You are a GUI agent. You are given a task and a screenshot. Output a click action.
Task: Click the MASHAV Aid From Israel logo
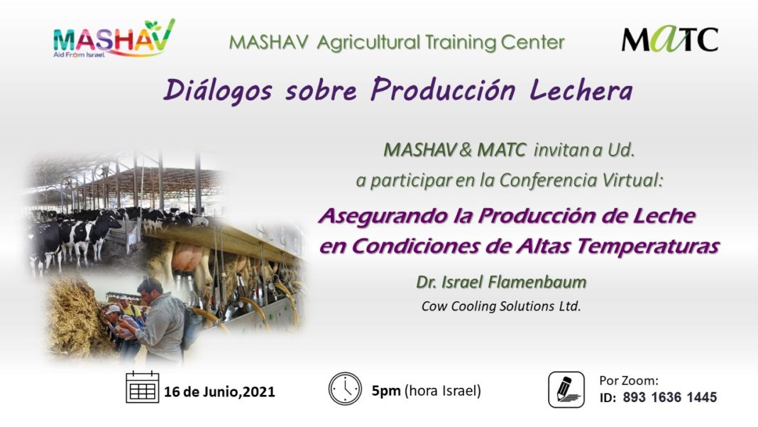114,39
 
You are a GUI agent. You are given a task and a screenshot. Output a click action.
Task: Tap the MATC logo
669,39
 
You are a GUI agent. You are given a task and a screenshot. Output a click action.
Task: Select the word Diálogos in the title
218,90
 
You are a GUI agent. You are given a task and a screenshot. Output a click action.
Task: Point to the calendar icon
142,387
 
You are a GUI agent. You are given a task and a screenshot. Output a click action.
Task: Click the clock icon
345,388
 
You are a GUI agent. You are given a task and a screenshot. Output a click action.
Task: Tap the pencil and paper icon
566,389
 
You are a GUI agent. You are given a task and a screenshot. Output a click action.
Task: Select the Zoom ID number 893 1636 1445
669,397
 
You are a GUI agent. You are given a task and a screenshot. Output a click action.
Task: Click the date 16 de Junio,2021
219,391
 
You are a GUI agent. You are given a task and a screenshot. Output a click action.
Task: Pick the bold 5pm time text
386,391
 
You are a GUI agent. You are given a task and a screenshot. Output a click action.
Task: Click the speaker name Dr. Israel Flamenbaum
501,282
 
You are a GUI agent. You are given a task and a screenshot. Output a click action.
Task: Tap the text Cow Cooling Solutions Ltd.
501,306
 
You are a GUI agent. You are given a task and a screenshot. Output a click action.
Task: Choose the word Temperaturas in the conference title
648,246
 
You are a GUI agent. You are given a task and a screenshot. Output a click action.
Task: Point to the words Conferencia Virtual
580,180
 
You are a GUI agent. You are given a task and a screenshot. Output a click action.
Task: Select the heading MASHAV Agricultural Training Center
397,43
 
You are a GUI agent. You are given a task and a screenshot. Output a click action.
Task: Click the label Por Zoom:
629,381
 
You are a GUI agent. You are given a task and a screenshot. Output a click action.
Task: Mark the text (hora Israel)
443,391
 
